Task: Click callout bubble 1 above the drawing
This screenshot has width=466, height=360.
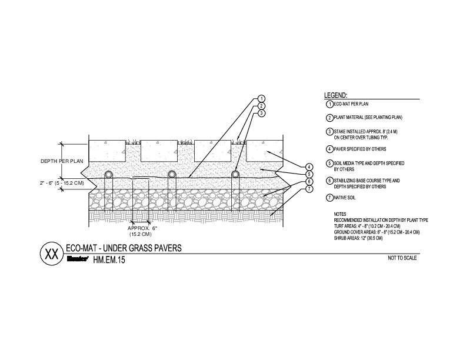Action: coord(261,98)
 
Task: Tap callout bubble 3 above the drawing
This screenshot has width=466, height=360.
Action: coord(261,112)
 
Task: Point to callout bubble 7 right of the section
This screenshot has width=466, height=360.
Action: coord(308,188)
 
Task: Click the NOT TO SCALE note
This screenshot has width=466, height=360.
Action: coord(402,258)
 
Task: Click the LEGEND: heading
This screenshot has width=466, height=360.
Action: coord(336,95)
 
